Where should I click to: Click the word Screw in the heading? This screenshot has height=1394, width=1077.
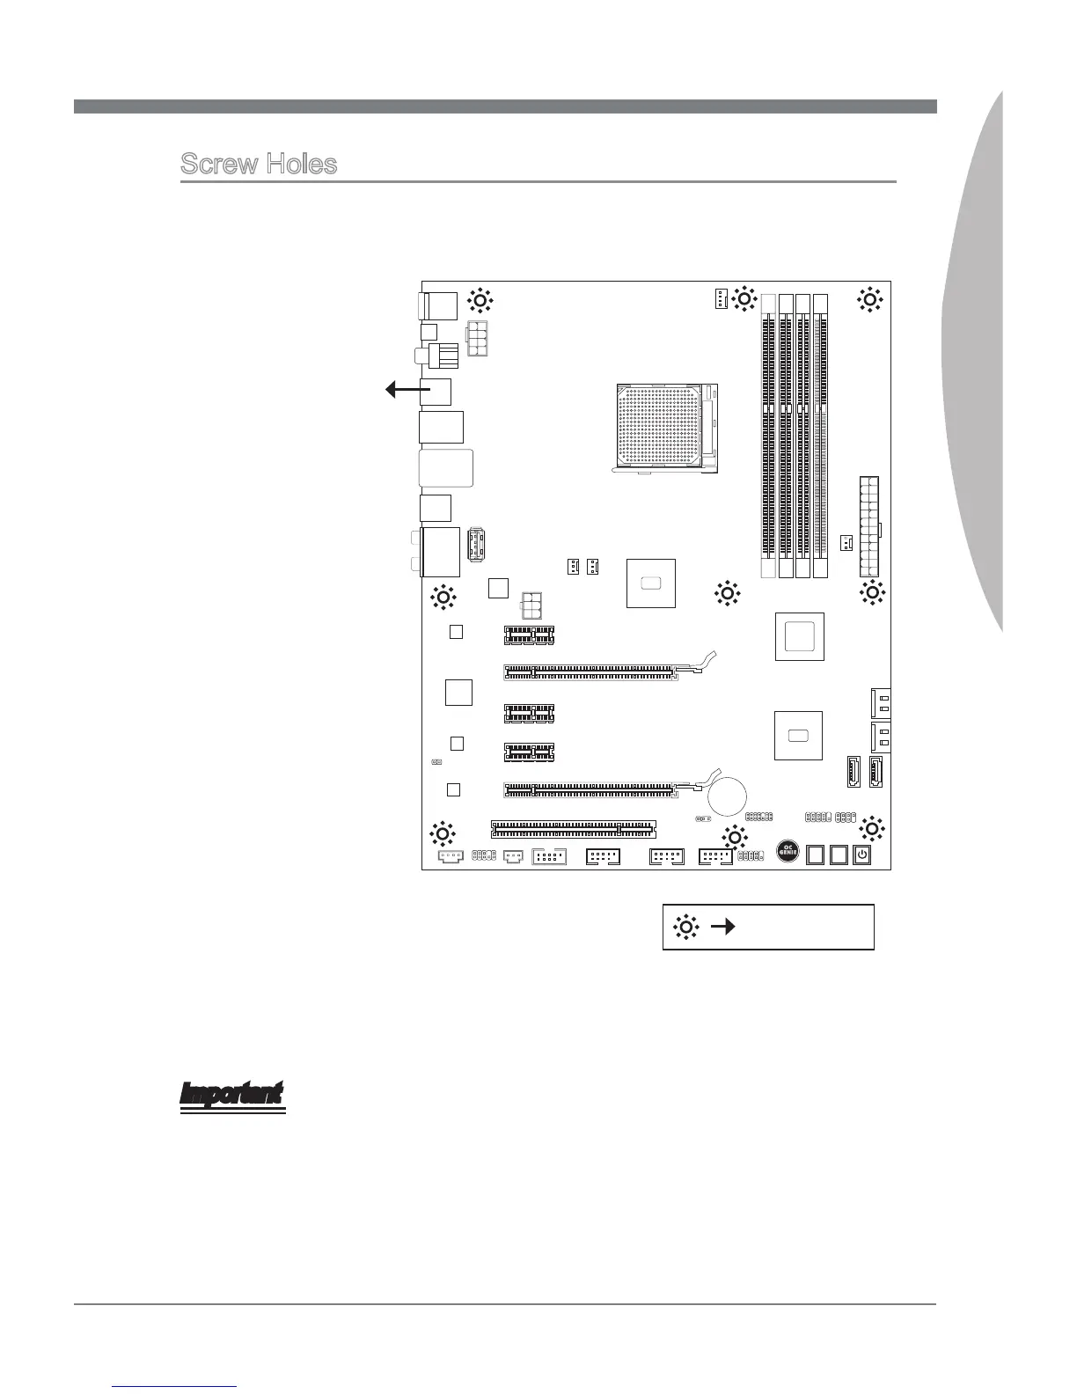[x=219, y=164]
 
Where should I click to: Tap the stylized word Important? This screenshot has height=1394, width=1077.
[x=232, y=1092]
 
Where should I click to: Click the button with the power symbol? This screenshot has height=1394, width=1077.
[x=862, y=854]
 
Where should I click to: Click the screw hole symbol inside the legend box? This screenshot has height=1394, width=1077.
[x=685, y=927]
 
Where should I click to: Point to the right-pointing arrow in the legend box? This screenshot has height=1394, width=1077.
[x=723, y=927]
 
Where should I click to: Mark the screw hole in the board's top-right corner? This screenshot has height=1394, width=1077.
[x=870, y=299]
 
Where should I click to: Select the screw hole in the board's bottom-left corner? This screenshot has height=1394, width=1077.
[x=442, y=832]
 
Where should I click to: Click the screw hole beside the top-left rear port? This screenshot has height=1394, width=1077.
[x=480, y=300]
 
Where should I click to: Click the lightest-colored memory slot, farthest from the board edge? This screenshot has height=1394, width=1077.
[x=767, y=436]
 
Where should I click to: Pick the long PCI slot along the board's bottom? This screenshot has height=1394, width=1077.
[x=574, y=829]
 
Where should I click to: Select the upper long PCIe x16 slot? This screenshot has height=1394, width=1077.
[x=590, y=672]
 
